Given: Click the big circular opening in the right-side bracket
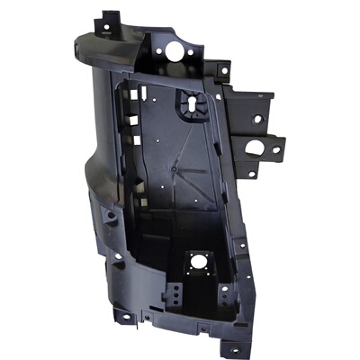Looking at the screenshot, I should [267, 148].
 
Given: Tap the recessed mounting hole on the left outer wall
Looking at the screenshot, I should [108, 217].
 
